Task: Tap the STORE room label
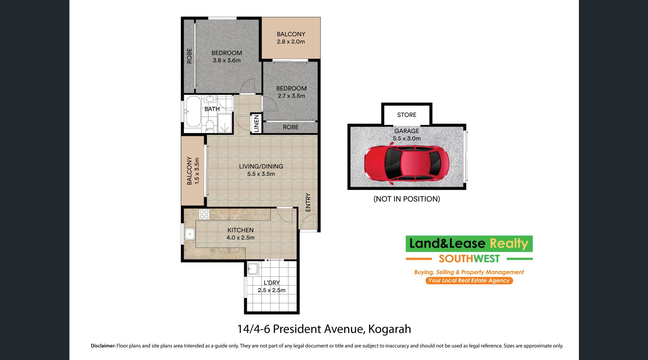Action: click(407, 115)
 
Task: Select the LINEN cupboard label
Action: click(256, 123)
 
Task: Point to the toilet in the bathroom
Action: click(210, 125)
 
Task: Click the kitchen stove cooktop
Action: click(204, 214)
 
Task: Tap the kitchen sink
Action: click(190, 234)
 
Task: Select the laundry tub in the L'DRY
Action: click(253, 269)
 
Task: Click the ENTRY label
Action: click(308, 202)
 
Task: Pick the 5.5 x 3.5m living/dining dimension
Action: click(261, 174)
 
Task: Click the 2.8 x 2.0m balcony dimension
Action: click(291, 41)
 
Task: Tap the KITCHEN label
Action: click(240, 230)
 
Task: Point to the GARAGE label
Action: click(407, 131)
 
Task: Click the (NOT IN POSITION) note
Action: click(407, 199)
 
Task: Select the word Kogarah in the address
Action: click(390, 329)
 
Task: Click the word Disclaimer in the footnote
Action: click(103, 346)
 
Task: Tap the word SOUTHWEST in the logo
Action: click(469, 259)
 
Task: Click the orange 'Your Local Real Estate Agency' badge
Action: click(469, 281)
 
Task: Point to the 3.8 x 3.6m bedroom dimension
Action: click(227, 60)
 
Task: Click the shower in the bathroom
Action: click(225, 123)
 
